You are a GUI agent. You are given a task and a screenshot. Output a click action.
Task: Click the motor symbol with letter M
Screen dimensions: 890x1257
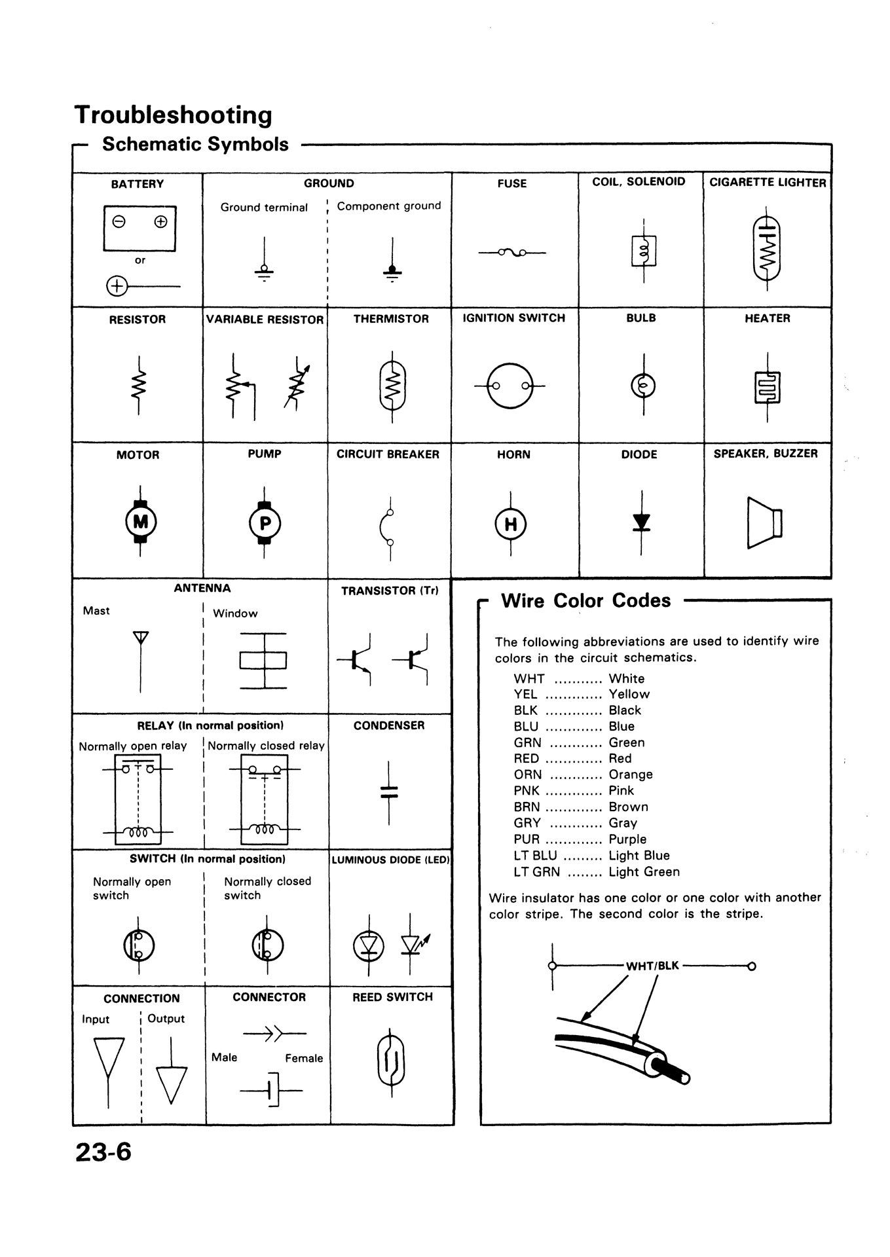139,522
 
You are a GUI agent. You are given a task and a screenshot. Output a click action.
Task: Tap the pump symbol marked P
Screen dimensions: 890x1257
264,522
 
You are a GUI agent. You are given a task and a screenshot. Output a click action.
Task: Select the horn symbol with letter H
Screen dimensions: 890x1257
511,524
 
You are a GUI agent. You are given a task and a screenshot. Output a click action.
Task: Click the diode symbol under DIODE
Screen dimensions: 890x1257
641,522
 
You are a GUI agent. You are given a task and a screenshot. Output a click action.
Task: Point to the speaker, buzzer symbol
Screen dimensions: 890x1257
764,522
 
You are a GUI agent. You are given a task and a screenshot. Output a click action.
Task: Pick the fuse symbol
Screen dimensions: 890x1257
512,252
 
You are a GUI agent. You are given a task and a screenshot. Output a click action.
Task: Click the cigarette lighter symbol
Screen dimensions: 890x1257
767,247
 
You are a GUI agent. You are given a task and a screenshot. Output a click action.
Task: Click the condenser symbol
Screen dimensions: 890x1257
389,792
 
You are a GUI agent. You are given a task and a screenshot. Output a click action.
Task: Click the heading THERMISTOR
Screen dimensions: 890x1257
391,319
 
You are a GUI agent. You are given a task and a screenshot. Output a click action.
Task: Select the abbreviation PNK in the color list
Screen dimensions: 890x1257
527,790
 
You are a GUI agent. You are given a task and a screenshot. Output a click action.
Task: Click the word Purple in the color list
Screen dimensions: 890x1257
627,839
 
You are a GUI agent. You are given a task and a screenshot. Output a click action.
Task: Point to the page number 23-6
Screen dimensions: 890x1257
103,1152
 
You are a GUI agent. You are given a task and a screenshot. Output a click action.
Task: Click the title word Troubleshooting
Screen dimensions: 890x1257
174,115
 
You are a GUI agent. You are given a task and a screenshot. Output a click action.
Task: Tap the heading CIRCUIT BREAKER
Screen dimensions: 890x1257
388,454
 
